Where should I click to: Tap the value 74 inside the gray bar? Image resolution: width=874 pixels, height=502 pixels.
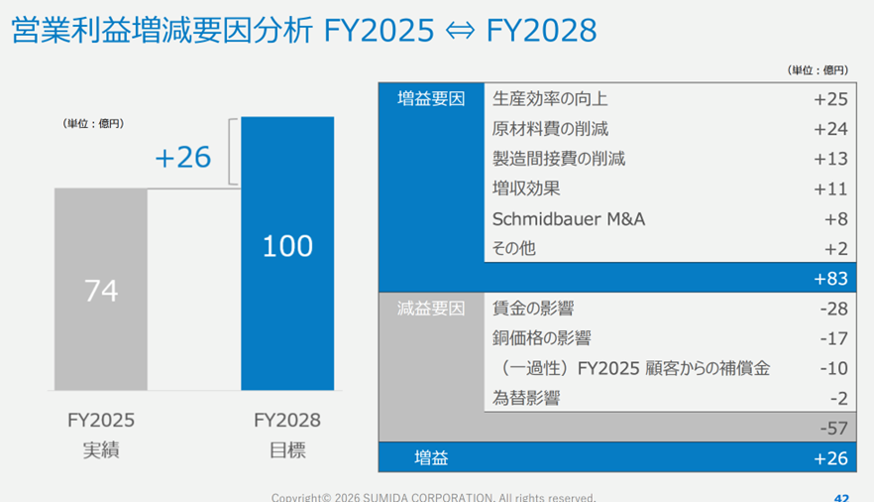(x=101, y=291)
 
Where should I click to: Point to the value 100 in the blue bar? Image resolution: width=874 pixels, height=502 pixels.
(x=287, y=246)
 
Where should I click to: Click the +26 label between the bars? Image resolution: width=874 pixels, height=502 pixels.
(x=183, y=157)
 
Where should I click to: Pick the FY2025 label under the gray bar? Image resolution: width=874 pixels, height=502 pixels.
(x=101, y=420)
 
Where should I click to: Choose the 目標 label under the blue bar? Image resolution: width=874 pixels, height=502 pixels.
(x=287, y=449)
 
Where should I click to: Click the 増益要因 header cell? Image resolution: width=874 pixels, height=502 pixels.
(x=431, y=99)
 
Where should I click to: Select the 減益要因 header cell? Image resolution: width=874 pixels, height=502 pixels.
(x=431, y=309)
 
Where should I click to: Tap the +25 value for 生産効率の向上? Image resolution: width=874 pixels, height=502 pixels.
(x=830, y=99)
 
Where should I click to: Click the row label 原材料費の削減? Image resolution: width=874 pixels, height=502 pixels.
(x=550, y=129)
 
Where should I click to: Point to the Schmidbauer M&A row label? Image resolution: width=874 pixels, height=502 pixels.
(x=569, y=218)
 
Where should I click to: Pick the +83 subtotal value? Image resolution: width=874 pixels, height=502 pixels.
(x=830, y=279)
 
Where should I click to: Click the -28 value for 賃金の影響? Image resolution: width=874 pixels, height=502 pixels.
(x=833, y=309)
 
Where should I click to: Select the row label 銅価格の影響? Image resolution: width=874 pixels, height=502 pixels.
(x=542, y=338)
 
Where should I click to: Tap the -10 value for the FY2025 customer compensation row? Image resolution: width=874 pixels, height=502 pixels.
(x=833, y=368)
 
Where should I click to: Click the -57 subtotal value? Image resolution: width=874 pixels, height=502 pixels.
(x=833, y=428)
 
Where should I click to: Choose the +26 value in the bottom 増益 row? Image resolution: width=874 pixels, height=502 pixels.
(x=830, y=457)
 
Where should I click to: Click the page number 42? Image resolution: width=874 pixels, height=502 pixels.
(x=841, y=497)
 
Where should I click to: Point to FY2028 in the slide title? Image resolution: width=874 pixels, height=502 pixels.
(x=542, y=32)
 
